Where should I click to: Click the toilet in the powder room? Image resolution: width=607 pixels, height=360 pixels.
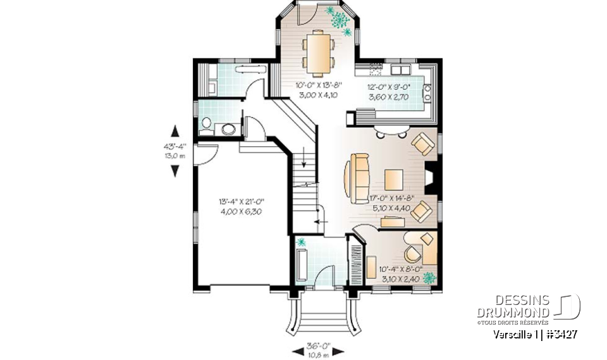(x=206, y=125)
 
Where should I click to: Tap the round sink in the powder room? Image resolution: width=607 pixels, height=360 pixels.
(x=228, y=129)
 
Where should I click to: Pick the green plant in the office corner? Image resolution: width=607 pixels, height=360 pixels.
(x=430, y=277)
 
